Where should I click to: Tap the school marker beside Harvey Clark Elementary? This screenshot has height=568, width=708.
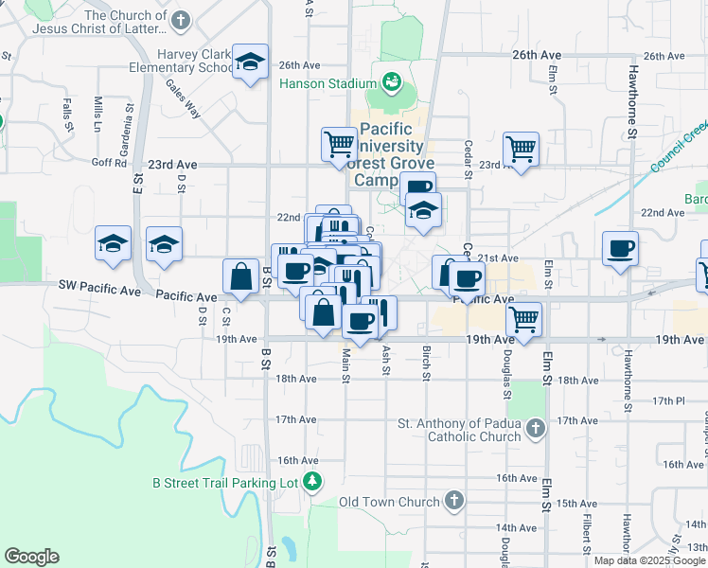point(250,62)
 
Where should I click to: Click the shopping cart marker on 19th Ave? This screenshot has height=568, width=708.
point(523,320)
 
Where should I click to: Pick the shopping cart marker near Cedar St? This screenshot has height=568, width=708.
point(521,149)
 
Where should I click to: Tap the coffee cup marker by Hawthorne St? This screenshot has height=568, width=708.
point(621,249)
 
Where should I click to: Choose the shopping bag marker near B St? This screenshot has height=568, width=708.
point(241,276)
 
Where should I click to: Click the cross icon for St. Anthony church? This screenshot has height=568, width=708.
point(536,429)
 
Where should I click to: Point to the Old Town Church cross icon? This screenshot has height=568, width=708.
point(454,500)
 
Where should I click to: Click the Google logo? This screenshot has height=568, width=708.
point(32,557)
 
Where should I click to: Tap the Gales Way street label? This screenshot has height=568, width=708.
point(184,98)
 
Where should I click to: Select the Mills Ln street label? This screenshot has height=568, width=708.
point(97,114)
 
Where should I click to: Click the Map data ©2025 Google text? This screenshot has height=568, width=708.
point(649,560)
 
